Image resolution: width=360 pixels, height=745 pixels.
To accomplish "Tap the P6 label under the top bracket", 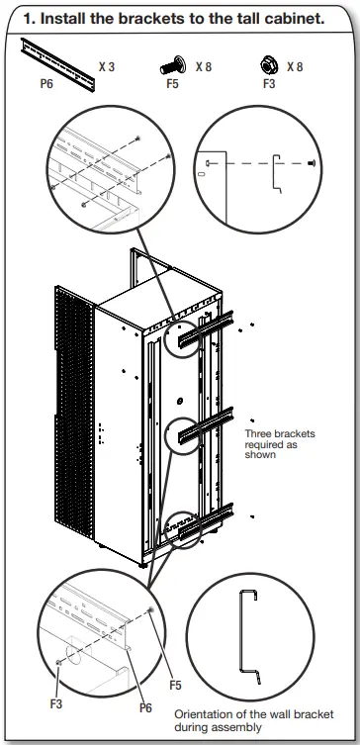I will [x=46, y=84].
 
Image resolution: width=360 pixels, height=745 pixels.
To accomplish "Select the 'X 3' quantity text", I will [x=107, y=66].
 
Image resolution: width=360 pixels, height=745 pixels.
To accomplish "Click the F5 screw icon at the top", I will [x=173, y=66].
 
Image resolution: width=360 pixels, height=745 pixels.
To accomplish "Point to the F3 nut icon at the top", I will [x=266, y=65].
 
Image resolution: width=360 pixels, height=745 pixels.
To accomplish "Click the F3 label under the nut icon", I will [x=269, y=84].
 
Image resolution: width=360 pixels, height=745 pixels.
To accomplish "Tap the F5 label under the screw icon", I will [x=172, y=84].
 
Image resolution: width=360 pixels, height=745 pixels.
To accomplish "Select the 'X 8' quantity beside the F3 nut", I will [x=296, y=66].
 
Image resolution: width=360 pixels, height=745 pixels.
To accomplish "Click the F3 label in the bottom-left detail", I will [x=56, y=703].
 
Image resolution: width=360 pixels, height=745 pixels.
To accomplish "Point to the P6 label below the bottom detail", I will [x=144, y=708].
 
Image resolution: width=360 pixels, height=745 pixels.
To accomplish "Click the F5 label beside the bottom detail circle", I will [x=175, y=685].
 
